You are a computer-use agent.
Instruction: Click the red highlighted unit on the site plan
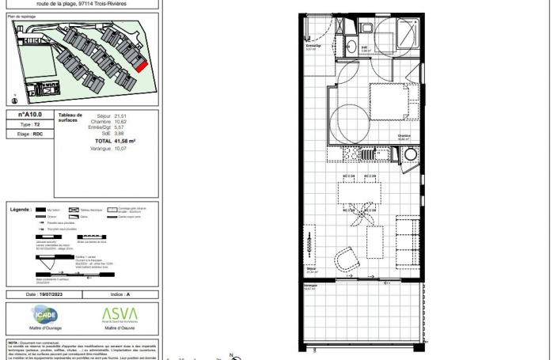point(141,66)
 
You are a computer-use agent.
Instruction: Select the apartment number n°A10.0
point(32,115)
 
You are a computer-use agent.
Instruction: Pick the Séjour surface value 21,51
point(120,115)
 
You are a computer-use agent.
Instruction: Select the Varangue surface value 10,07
point(120,147)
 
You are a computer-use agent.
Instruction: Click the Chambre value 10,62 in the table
point(120,121)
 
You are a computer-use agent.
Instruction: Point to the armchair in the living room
point(347,259)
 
